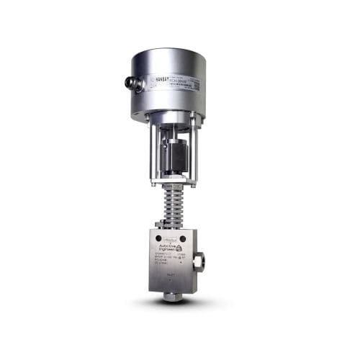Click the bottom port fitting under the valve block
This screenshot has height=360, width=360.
[171, 296]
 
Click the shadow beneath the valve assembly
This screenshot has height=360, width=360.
[173, 302]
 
